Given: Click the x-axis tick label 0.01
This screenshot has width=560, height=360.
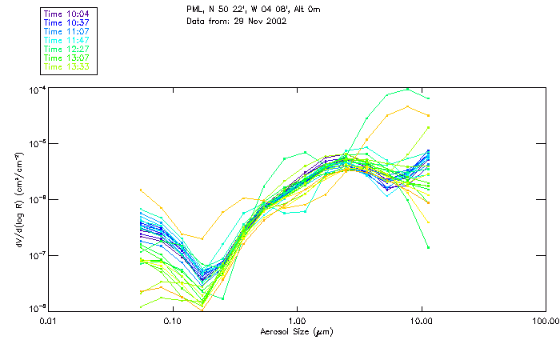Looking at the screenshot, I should [x=48, y=322].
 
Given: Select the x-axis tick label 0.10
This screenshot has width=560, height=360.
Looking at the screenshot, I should [x=172, y=322].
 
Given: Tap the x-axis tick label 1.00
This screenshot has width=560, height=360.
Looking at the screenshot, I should [x=297, y=322].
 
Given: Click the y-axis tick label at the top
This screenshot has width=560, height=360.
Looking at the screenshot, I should [x=34, y=90].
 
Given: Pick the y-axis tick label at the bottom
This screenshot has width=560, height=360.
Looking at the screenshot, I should [x=34, y=308].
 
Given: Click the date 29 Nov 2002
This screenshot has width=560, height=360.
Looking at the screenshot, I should [x=259, y=21].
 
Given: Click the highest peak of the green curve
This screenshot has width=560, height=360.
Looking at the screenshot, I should [x=407, y=89].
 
